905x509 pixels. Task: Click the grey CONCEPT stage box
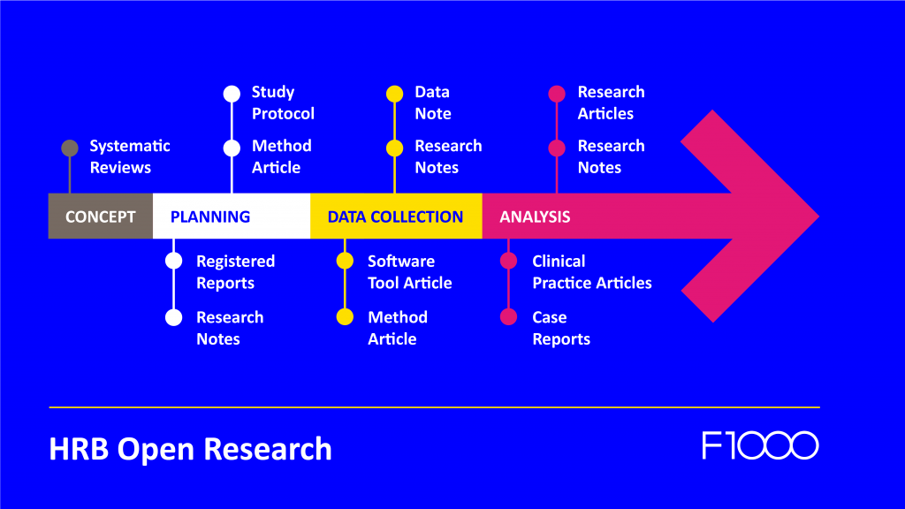(100, 217)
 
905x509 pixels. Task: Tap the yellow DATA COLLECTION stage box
(395, 217)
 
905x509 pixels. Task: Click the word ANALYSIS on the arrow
(535, 217)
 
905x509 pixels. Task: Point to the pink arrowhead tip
(815, 217)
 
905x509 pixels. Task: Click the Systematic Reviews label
(130, 156)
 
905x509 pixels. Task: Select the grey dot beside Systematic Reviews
(70, 148)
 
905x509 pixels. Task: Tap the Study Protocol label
(283, 103)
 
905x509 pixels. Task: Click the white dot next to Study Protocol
(232, 93)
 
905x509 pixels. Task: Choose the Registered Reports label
(235, 272)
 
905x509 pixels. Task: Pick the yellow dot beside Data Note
(395, 93)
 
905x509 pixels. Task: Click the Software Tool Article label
(409, 272)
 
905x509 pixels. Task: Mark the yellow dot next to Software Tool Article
(346, 262)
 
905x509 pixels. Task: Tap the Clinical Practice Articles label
(592, 272)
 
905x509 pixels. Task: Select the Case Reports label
(561, 328)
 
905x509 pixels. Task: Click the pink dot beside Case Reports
(508, 317)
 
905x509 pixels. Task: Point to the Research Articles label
(611, 103)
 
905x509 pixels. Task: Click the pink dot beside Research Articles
(557, 93)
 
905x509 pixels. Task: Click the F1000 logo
(760, 445)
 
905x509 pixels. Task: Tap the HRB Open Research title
(190, 449)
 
